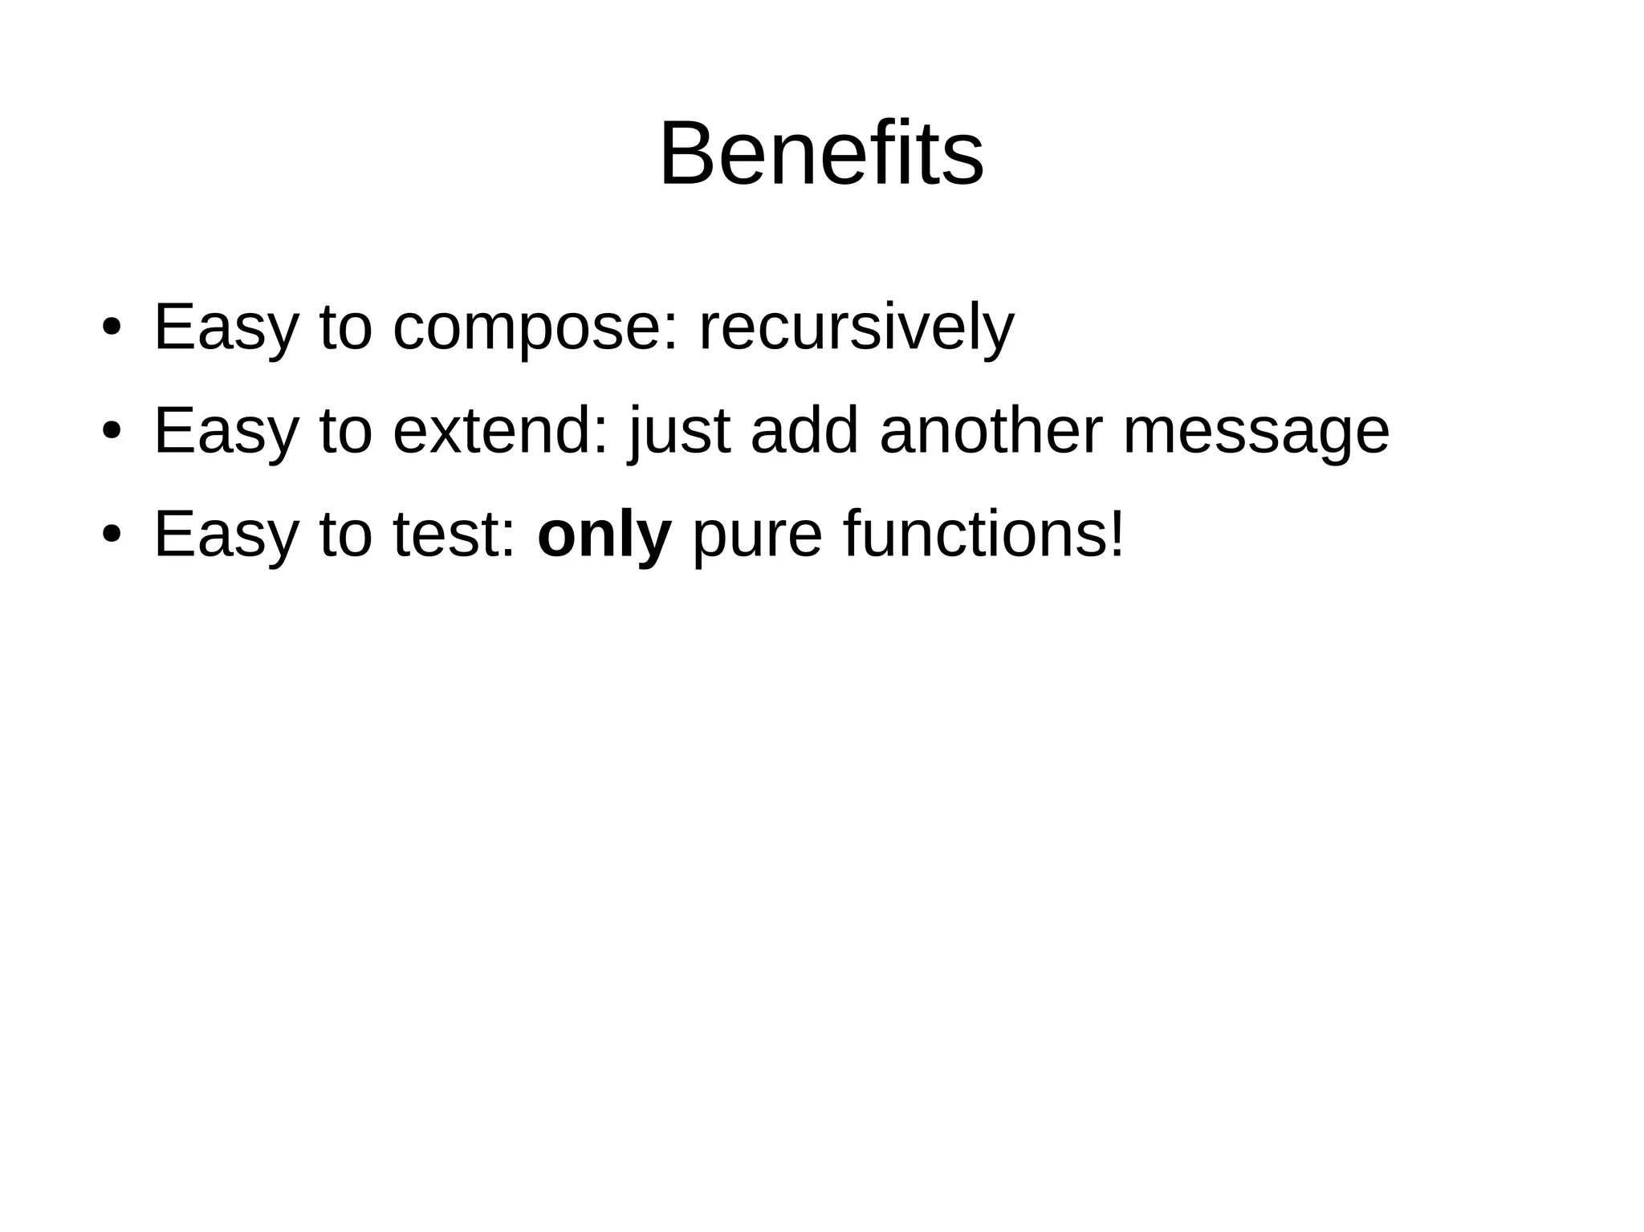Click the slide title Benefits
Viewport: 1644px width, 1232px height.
pyautogui.click(x=821, y=154)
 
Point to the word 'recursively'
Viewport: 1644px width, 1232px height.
pyautogui.click(x=857, y=327)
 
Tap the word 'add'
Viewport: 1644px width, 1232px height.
pyautogui.click(x=804, y=431)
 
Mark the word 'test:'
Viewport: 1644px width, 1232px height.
pyautogui.click(x=454, y=535)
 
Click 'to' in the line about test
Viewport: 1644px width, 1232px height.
pyautogui.click(x=346, y=535)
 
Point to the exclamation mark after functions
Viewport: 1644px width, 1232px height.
pyautogui.click(x=1115, y=533)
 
